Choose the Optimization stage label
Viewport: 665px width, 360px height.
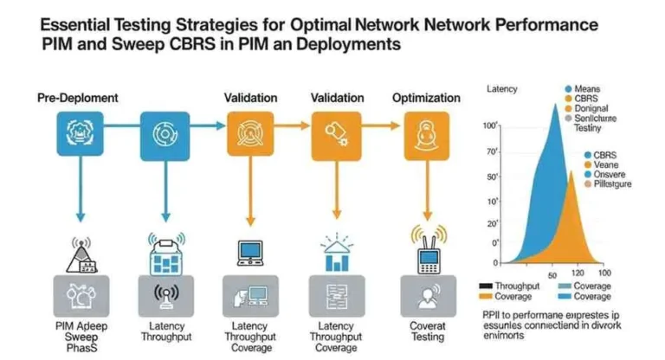click(x=425, y=98)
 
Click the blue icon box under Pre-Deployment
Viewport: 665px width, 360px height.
click(x=79, y=134)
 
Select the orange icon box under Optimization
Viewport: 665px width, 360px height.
click(x=426, y=134)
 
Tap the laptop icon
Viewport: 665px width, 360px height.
click(x=250, y=252)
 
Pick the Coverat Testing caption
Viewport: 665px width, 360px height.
click(x=426, y=331)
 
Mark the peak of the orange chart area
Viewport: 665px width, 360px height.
click(x=571, y=170)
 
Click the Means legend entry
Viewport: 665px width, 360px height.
click(x=588, y=88)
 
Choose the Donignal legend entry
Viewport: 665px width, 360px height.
click(x=591, y=109)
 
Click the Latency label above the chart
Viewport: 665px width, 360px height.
click(x=502, y=89)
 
